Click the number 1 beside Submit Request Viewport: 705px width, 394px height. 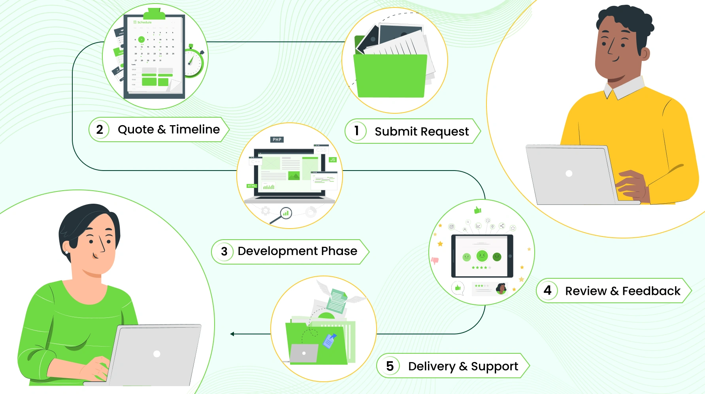(356, 130)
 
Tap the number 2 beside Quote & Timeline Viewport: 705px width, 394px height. (100, 129)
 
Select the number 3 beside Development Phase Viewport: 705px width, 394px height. (224, 251)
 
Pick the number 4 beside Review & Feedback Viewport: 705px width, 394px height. (547, 290)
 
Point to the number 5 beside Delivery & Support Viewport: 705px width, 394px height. (390, 366)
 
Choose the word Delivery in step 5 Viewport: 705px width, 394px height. (432, 366)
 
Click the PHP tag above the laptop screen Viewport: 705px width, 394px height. (277, 139)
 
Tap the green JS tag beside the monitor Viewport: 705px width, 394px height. (333, 159)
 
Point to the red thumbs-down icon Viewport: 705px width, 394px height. (435, 261)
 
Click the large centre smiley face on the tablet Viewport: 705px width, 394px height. (482, 256)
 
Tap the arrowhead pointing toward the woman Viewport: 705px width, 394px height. (232, 334)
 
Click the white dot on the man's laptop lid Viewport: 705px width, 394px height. (569, 173)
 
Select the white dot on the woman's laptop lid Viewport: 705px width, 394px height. (157, 354)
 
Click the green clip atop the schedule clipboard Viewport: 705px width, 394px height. (154, 14)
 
